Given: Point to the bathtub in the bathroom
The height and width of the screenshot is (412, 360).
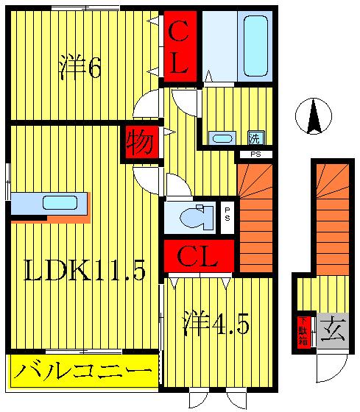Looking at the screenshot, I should pyautogui.click(x=255, y=45).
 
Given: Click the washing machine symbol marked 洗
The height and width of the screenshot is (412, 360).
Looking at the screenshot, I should pyautogui.click(x=255, y=137).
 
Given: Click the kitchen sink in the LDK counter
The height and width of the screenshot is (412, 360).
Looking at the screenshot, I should pyautogui.click(x=59, y=202).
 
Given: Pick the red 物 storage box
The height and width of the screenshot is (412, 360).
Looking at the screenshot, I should pyautogui.click(x=140, y=143).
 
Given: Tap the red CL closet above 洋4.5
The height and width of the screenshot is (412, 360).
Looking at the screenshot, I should pyautogui.click(x=197, y=257).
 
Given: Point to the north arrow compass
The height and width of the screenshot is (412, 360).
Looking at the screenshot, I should pyautogui.click(x=314, y=116).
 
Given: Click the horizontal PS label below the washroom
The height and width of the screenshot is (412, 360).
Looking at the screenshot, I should pyautogui.click(x=255, y=154).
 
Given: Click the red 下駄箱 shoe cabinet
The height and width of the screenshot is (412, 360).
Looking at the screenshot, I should pyautogui.click(x=302, y=330).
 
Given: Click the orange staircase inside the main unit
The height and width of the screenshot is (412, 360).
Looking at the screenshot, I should pyautogui.click(x=255, y=217).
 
